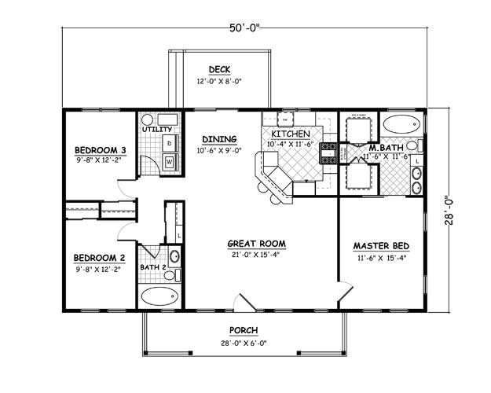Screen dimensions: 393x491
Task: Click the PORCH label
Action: (x=244, y=330)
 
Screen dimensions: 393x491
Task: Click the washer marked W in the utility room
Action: (x=169, y=163)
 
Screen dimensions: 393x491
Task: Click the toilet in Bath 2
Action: (x=174, y=256)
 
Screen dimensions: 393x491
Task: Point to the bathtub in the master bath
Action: (x=401, y=124)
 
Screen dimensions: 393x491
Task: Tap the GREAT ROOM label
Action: (x=256, y=244)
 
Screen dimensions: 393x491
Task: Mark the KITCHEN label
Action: (x=290, y=134)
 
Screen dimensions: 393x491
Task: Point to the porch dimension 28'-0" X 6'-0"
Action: (x=244, y=343)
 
